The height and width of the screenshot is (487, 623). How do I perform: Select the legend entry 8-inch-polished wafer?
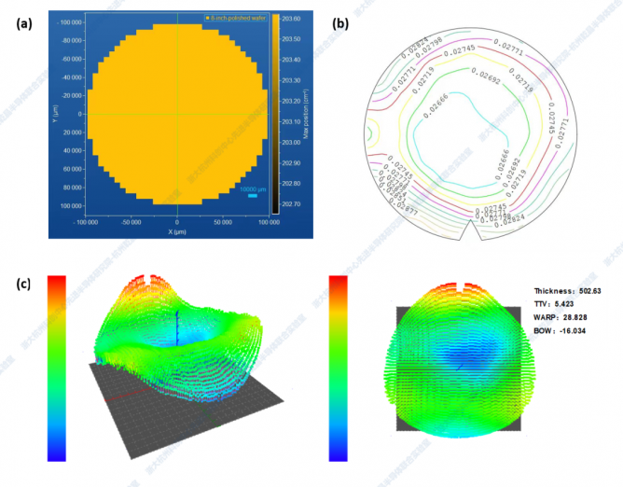coord(236,18)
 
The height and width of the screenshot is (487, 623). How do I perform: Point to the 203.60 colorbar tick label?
coord(297,20)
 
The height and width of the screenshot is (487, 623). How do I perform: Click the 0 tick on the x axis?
coord(176,222)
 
